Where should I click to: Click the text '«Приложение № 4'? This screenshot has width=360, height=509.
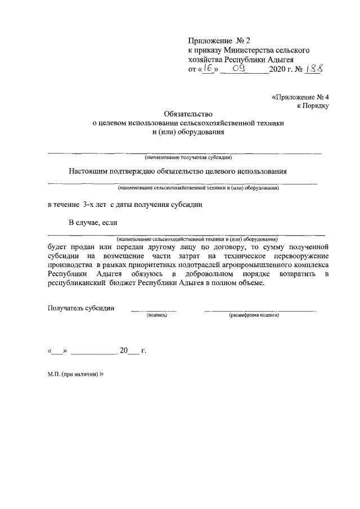[x=298, y=97]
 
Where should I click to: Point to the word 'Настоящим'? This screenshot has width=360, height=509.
[x=89, y=171]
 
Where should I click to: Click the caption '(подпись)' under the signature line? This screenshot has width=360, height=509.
[x=156, y=316]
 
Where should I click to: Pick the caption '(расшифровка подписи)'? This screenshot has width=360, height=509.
[x=254, y=316]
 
